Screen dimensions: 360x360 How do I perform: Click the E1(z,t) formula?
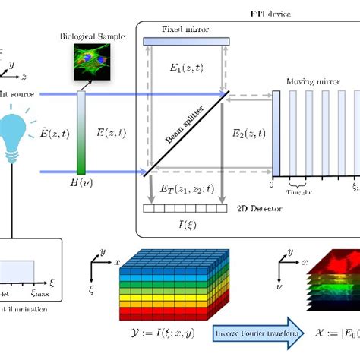(x=187, y=68)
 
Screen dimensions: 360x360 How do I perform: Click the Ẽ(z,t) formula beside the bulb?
(x=50, y=137)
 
